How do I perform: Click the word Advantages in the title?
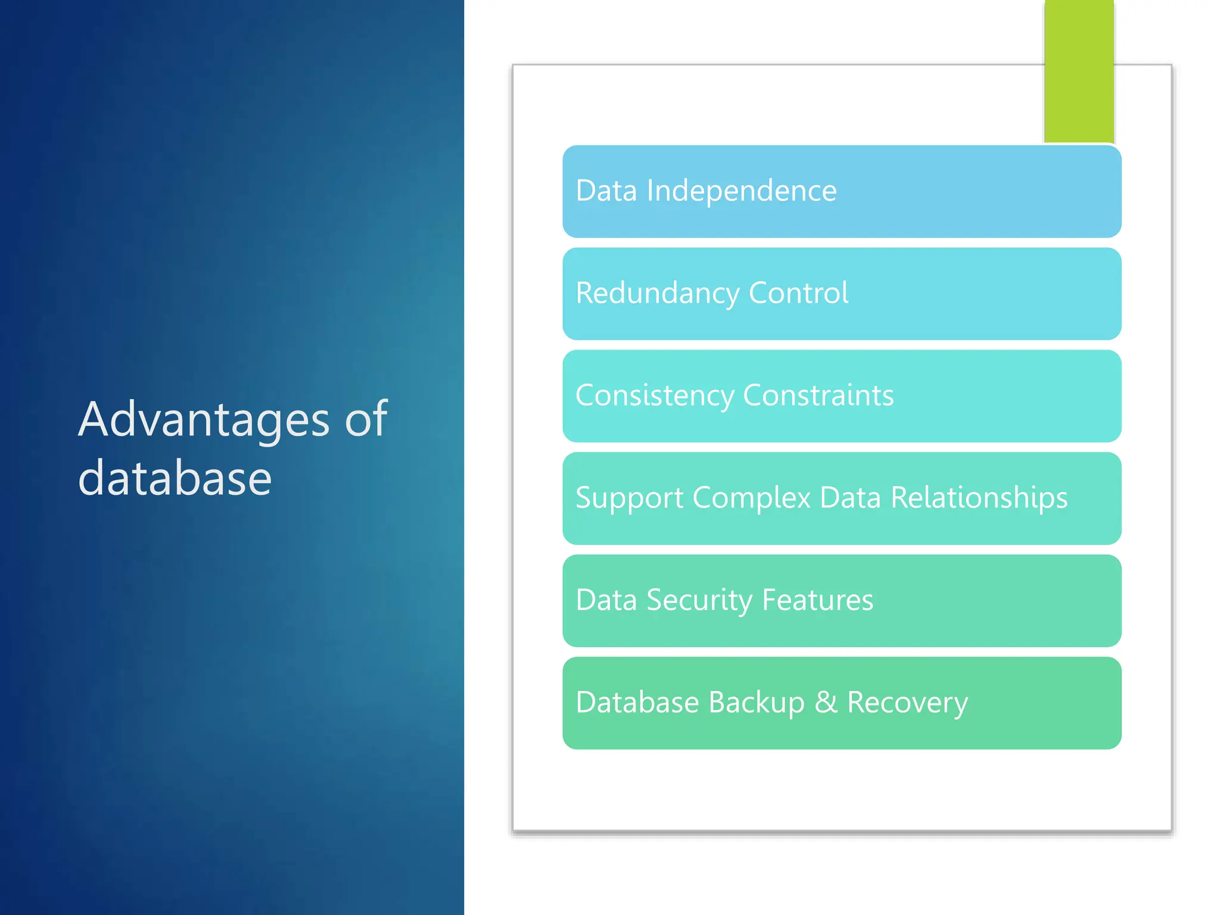coord(204,420)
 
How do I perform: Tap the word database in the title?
coord(175,478)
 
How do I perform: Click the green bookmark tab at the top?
coord(1079,71)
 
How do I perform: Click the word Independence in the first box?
coord(742,191)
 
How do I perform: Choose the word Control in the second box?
coord(798,293)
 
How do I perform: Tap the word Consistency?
coord(655,396)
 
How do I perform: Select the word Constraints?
coord(818,396)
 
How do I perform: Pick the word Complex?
coord(751,499)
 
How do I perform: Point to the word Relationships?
coord(979,498)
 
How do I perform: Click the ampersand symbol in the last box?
coord(826,702)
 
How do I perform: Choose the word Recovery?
coord(907,704)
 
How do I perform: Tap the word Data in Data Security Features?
coord(606,600)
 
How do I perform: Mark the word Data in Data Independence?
coord(606,191)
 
